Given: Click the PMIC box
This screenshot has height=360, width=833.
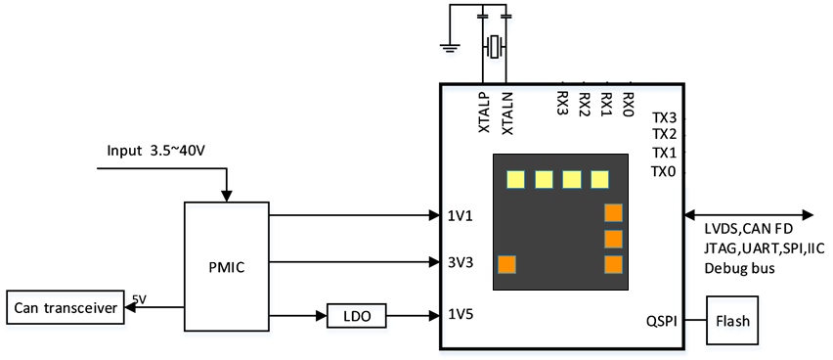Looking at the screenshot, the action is tap(227, 266).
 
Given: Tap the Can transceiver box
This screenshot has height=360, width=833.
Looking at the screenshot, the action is tap(66, 307).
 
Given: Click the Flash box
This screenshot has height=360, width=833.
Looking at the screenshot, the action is tap(732, 321).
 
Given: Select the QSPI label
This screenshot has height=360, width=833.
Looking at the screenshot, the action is tap(661, 320).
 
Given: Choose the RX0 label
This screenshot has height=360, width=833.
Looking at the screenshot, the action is tap(628, 102).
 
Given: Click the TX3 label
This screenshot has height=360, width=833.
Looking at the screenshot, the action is tap(664, 118).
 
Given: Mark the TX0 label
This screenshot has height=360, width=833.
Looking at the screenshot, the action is tap(664, 171).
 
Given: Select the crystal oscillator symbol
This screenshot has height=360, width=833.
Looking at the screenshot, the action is tap(495, 46).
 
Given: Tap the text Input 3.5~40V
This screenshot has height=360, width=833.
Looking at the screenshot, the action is tap(156, 150).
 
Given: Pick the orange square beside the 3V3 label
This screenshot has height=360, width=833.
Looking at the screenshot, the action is tap(506, 264).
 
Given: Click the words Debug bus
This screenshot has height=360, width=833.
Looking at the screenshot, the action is tap(739, 269).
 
